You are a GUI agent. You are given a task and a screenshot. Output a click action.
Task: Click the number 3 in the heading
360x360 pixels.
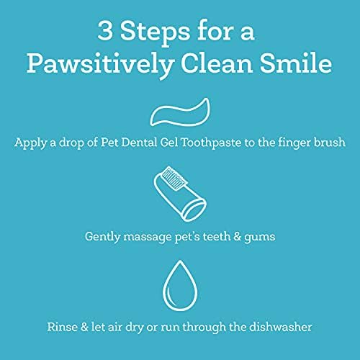[105, 31]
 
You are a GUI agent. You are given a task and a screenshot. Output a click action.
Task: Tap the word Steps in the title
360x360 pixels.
[155, 33]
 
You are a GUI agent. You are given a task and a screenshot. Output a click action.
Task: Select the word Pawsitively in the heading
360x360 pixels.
[101, 64]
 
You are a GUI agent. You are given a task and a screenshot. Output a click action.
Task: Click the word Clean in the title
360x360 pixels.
[217, 63]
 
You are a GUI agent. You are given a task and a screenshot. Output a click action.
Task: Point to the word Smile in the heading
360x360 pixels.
[296, 63]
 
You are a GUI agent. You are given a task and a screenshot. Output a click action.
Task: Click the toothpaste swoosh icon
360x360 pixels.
[180, 112]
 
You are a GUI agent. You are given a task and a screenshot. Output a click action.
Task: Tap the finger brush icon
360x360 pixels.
[180, 194]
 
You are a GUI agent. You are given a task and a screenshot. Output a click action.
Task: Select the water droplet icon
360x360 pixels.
[180, 285]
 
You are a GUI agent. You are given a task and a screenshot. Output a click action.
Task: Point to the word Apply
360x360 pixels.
[30, 143]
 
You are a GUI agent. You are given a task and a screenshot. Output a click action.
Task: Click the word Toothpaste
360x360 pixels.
[211, 143]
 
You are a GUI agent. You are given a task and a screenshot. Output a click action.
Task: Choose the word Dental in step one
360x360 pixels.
[139, 143]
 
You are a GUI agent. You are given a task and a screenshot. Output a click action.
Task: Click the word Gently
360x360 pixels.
[102, 237]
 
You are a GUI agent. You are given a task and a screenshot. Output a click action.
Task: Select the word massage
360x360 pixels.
[148, 238]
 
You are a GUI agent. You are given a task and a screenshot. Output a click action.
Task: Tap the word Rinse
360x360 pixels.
[62, 327]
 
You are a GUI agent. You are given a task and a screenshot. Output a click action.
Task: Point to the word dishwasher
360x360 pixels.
[280, 327]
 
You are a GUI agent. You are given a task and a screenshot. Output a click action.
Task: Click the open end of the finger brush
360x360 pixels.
[194, 210]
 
